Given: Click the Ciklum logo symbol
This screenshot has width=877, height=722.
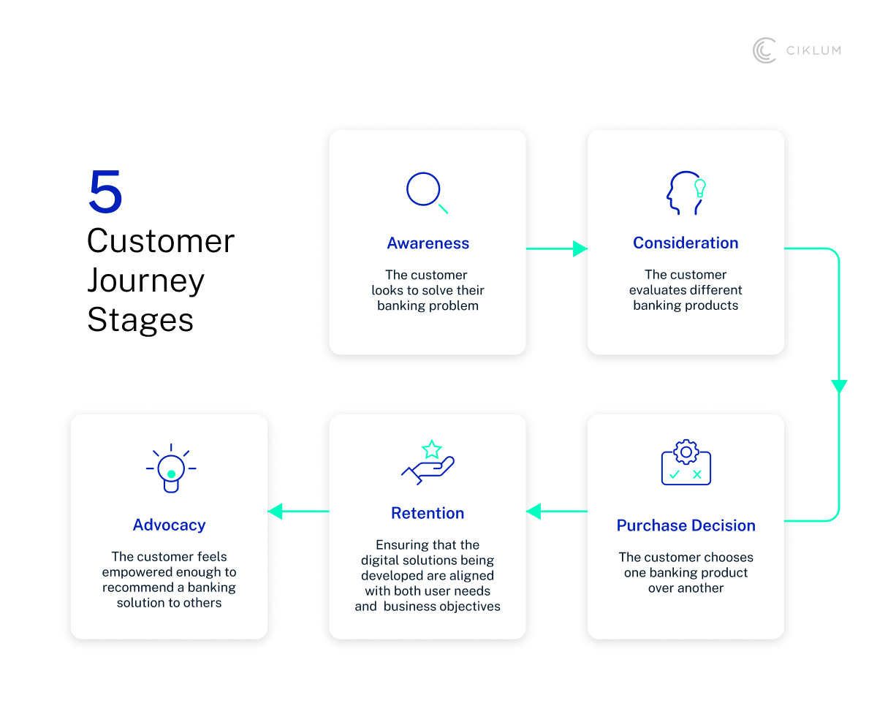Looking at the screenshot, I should click(x=764, y=50).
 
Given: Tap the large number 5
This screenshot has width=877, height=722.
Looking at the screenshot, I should click(x=105, y=191).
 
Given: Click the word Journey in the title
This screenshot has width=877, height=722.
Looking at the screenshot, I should click(x=145, y=281).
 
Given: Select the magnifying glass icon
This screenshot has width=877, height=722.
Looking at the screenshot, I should click(x=426, y=192).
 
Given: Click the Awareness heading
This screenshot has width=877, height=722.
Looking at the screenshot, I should click(x=428, y=243).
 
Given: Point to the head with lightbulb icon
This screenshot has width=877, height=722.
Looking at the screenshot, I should click(x=686, y=192).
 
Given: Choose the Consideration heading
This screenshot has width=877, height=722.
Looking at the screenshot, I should click(x=686, y=243).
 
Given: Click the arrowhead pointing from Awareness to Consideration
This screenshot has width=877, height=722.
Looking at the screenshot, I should click(x=580, y=248).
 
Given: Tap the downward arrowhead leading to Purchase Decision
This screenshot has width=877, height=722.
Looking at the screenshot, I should click(x=839, y=387).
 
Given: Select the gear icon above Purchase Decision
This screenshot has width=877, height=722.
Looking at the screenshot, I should click(x=686, y=452).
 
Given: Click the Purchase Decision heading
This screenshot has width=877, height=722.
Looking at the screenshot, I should click(x=686, y=525).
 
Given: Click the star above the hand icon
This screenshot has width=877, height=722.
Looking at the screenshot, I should click(x=432, y=449).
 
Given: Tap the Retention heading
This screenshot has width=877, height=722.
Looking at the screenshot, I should click(x=428, y=513).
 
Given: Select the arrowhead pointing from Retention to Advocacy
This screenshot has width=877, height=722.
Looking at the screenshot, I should click(x=276, y=511).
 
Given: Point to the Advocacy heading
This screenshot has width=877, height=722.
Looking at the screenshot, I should click(x=169, y=525).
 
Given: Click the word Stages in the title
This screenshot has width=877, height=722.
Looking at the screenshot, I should click(x=140, y=320).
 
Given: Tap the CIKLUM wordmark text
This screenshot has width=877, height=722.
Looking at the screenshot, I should click(x=813, y=50).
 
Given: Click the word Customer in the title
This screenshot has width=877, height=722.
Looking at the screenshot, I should click(x=161, y=241).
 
